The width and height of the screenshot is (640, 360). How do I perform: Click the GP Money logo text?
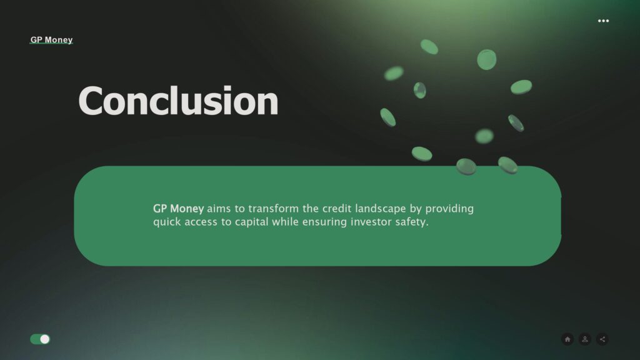pyautogui.click(x=51, y=39)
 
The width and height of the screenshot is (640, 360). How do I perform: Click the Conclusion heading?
pyautogui.click(x=178, y=101)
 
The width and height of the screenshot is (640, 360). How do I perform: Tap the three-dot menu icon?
pyautogui.click(x=603, y=21)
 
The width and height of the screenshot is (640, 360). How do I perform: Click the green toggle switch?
pyautogui.click(x=40, y=339)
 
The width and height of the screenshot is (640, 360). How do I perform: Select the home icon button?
pyautogui.click(x=567, y=339)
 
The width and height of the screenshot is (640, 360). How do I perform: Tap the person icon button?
pyautogui.click(x=585, y=339)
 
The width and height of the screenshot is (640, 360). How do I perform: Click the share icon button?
pyautogui.click(x=602, y=339)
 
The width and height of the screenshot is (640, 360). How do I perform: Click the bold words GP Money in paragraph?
pyautogui.click(x=178, y=209)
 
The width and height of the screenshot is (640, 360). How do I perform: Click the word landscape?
pyautogui.click(x=381, y=209)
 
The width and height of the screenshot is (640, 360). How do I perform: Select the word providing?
pyautogui.click(x=449, y=209)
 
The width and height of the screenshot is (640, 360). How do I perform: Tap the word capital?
pyautogui.click(x=251, y=222)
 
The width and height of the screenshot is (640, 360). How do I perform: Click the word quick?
pyautogui.click(x=167, y=222)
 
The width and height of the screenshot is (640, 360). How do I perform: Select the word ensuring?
pyautogui.click(x=324, y=222)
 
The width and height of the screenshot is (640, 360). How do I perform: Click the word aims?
pyautogui.click(x=219, y=209)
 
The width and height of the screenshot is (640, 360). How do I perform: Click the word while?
pyautogui.click(x=285, y=222)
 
